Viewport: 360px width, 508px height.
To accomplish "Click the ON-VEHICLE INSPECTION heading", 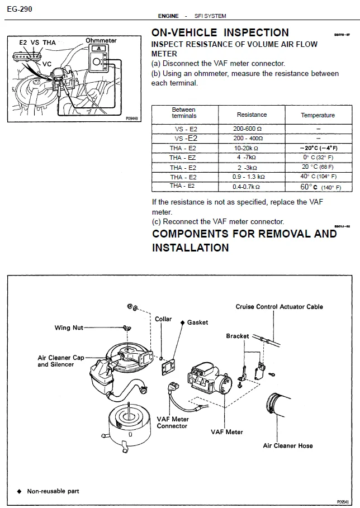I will (x=220, y=32).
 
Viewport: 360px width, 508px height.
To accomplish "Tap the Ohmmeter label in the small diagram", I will (x=101, y=40).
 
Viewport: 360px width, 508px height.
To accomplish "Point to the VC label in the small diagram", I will (x=47, y=64).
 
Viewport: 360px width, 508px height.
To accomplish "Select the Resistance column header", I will (x=252, y=115).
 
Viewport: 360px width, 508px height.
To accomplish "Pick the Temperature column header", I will (x=318, y=115).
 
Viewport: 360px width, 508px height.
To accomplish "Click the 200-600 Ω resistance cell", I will (x=247, y=129).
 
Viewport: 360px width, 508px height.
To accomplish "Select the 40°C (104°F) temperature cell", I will (x=318, y=177).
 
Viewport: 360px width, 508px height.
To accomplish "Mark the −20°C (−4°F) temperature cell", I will (x=318, y=148).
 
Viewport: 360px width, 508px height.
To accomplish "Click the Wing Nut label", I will (x=69, y=328).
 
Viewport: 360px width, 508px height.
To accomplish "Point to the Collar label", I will (x=163, y=319).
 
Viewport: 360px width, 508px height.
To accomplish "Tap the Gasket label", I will (x=197, y=322).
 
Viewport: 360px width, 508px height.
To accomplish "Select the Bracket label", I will (x=238, y=336).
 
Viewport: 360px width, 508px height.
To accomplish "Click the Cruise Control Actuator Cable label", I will (x=279, y=307).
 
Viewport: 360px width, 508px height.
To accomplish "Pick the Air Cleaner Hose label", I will (x=288, y=445).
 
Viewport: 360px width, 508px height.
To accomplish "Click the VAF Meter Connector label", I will (x=172, y=422).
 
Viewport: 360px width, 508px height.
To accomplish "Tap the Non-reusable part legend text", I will (x=53, y=491).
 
